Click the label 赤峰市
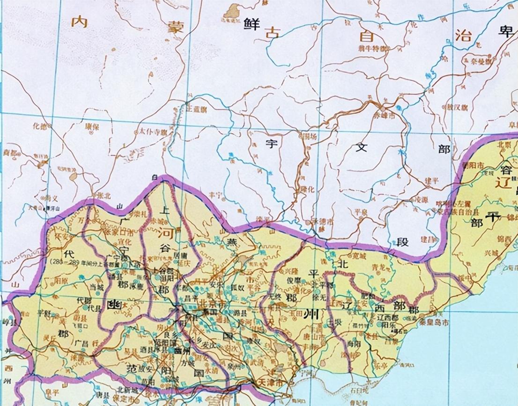pos(386,114)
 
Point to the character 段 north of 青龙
pos(403,242)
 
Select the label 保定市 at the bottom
pos(127,400)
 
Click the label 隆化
pos(308,189)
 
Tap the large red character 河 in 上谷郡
pos(164,232)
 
